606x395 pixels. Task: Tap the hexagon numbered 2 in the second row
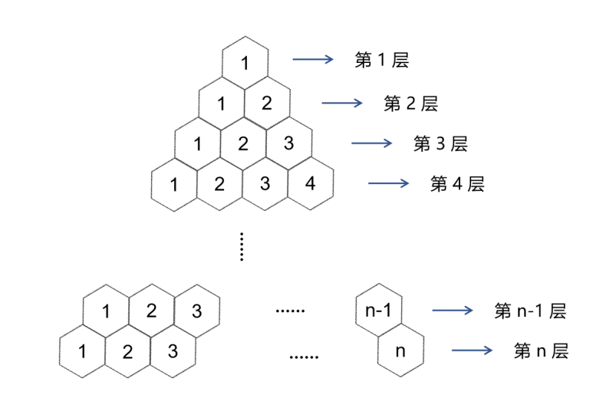pos(267,103)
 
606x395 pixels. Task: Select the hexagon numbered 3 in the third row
pos(289,143)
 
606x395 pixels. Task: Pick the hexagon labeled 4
pos(311,183)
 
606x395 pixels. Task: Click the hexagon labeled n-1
pos(378,311)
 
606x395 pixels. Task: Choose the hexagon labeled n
pos(400,351)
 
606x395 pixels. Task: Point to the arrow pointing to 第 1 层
pos(312,58)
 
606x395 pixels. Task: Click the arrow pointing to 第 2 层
pos(341,102)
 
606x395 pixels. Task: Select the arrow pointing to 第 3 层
pos(371,143)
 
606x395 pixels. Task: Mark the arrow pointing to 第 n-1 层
pos(453,311)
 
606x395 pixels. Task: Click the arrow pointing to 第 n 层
pos(472,351)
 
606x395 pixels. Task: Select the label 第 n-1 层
pos(530,311)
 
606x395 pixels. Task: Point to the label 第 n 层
pos(541,351)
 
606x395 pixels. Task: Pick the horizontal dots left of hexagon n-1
pos(290,311)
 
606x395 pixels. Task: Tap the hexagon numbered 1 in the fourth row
pos(174,184)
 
